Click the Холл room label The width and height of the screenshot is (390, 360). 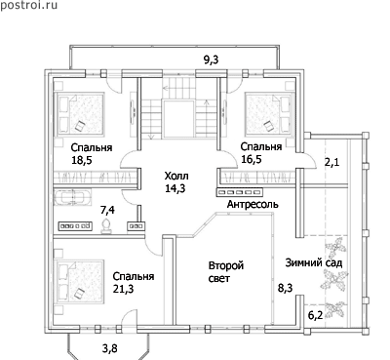pos(176,177)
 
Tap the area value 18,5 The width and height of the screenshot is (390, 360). pos(82,160)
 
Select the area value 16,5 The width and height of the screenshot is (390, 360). pos(252,159)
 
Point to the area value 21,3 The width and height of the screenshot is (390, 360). pos(123,289)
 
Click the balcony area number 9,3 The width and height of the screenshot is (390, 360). pos(212,60)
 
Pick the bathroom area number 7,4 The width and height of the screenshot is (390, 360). pos(107,210)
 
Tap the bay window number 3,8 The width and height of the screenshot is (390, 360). pos(110,348)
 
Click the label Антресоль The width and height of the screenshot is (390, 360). pos(253,204)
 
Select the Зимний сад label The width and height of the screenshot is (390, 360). pos(314,262)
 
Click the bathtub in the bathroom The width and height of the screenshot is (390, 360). pos(72,198)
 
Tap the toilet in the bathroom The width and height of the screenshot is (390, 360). pos(106,226)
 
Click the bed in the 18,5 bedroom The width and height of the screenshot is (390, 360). pos(80,114)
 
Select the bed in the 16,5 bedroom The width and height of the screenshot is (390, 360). pos(270,113)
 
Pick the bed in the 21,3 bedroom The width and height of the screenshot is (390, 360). pos(80,281)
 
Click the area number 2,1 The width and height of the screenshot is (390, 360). pos(332,162)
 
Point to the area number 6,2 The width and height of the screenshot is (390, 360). pos(315,314)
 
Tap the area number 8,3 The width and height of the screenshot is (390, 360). pos(285,288)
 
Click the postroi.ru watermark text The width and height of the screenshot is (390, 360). pos(28,5)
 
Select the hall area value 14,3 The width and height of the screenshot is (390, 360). pos(175,188)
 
